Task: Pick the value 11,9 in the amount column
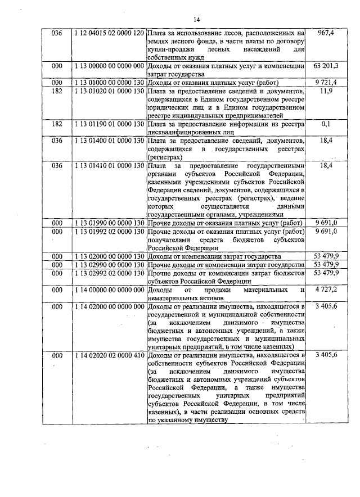(x=325, y=91)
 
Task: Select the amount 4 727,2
(x=326, y=290)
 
